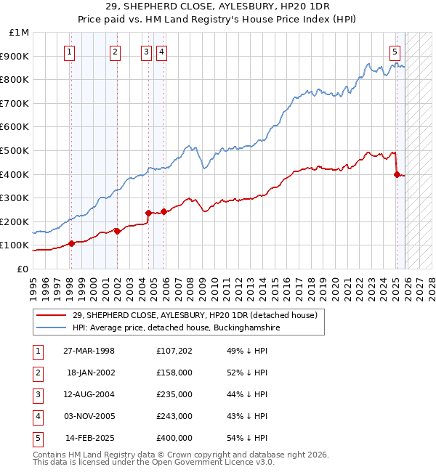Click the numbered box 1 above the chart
click(x=69, y=52)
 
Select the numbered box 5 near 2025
click(x=395, y=52)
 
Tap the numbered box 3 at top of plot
click(x=146, y=52)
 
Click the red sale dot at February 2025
click(x=397, y=174)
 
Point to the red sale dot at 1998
click(x=71, y=243)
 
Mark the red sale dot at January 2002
click(x=117, y=232)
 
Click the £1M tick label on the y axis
click(x=19, y=33)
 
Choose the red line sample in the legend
click(x=52, y=315)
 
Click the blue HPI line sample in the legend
click(x=52, y=328)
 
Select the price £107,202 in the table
click(x=174, y=351)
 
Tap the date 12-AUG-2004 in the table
click(x=89, y=394)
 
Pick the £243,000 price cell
click(x=174, y=416)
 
